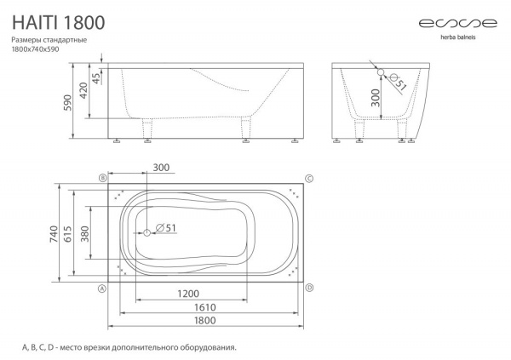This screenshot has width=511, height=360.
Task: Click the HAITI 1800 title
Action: [x=58, y=22]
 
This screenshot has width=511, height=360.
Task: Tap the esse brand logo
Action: [x=457, y=24]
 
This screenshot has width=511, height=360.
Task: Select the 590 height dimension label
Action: [x=67, y=103]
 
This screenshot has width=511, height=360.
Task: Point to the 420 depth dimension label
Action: [x=83, y=91]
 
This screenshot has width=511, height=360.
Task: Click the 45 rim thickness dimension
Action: [x=96, y=78]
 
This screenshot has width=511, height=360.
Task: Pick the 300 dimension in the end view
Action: [x=376, y=98]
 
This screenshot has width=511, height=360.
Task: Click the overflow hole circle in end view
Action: [x=381, y=72]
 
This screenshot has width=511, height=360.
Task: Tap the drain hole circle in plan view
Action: [x=147, y=232]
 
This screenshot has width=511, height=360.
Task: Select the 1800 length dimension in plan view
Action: [x=205, y=320]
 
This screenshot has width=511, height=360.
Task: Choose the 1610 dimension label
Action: [x=205, y=307]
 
